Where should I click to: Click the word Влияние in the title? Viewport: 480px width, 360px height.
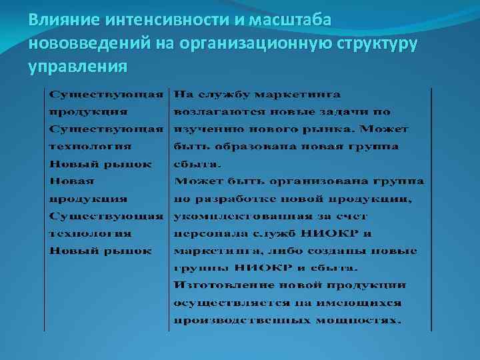(59, 21)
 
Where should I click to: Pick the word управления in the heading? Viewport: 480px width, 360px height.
(77, 67)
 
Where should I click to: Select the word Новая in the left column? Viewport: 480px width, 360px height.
(72, 181)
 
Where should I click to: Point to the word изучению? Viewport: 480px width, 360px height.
(206, 129)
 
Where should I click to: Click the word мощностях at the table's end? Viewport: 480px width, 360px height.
(363, 321)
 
